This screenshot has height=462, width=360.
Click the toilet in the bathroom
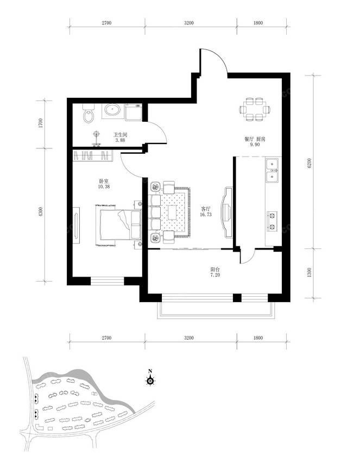pyautogui.click(x=89, y=113)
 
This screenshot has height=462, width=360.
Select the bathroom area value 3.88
pyautogui.click(x=120, y=140)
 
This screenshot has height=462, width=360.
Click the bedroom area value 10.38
pyautogui.click(x=104, y=186)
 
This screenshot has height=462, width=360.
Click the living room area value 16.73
pyautogui.click(x=205, y=215)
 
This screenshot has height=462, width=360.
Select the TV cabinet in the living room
pyautogui.click(x=228, y=212)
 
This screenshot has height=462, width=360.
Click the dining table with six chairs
pyautogui.click(x=255, y=110)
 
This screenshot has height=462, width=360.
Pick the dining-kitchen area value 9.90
pyautogui.click(x=255, y=145)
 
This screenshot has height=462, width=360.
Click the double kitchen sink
pyautogui.click(x=272, y=171)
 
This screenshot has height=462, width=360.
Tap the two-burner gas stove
pyautogui.click(x=272, y=221)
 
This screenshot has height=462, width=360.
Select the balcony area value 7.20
pyautogui.click(x=215, y=275)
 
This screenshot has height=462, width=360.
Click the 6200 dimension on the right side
pyautogui.click(x=309, y=163)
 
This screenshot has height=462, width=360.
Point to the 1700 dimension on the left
pyautogui.click(x=40, y=123)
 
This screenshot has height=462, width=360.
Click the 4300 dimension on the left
pyautogui.click(x=40, y=212)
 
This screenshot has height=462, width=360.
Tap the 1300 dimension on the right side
pyautogui.click(x=309, y=272)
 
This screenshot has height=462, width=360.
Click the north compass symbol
pyautogui.click(x=150, y=379)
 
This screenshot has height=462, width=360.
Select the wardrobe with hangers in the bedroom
pyautogui.click(x=93, y=155)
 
